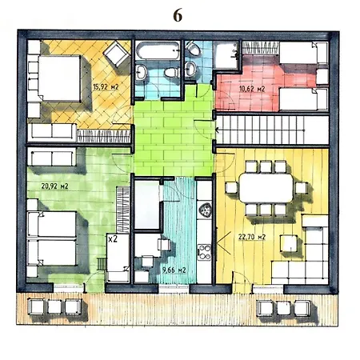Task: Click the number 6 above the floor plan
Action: pos(178,15)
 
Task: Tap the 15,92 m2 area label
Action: pos(106,87)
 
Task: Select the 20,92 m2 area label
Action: pos(54,186)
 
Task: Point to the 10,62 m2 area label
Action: pos(252,89)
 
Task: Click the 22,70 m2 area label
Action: pos(252,237)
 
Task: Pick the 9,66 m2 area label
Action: pos(174,270)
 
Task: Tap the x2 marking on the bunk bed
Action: pos(113,238)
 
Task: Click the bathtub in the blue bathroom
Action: pos(158,50)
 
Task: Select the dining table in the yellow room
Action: pos(266,187)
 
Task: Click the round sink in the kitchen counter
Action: pos(205,210)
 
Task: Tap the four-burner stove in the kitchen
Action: pos(204,252)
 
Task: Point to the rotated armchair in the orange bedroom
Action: pos(116,54)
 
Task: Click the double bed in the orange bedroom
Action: pos(57,78)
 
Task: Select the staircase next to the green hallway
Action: pos(273,130)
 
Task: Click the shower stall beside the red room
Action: pos(226,55)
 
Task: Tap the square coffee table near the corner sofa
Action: pos(289,243)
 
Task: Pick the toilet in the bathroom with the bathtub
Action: pos(171,72)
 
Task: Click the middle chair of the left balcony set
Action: pos(54,306)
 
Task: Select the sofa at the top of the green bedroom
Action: pos(52,158)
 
